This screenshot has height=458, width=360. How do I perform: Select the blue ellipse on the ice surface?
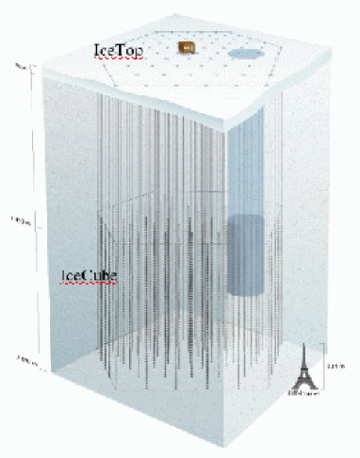pyautogui.click(x=247, y=57)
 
